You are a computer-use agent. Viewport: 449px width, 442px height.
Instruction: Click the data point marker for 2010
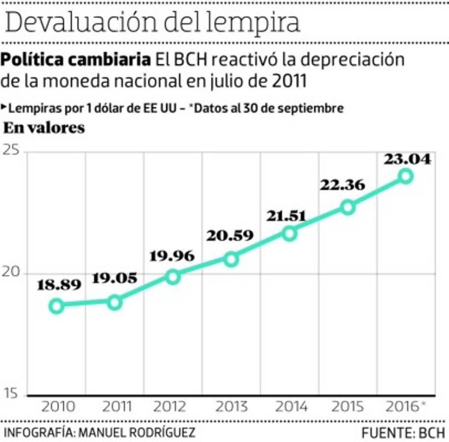[x=56, y=305]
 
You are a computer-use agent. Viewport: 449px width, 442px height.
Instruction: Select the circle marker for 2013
[x=231, y=259]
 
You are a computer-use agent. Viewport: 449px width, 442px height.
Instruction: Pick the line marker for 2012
[x=173, y=277]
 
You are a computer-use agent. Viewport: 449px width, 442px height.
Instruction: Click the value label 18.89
[x=59, y=285]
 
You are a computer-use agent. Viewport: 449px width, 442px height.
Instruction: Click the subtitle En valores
[x=44, y=128]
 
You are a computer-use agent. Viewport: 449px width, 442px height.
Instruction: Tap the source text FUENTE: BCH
[x=403, y=433]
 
